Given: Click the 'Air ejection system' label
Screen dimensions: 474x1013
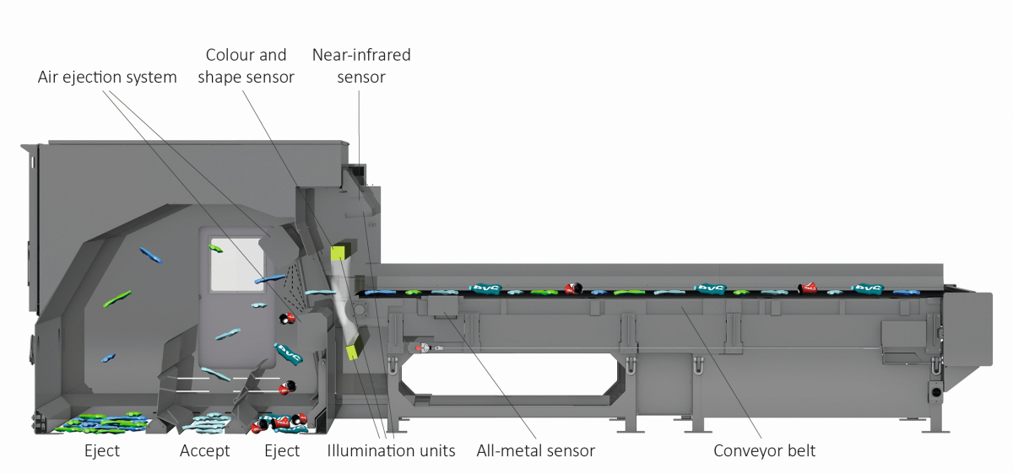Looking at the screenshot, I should click(107, 78).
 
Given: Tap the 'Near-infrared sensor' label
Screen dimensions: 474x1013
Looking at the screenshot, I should click(361, 66).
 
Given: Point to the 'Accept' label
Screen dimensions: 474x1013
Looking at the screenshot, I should click(204, 451).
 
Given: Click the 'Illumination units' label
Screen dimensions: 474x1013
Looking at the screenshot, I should click(391, 451).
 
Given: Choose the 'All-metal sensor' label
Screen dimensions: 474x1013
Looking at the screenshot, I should click(535, 451).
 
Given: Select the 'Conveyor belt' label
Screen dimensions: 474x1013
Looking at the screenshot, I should click(764, 451).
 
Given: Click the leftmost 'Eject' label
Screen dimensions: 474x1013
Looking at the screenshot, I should click(101, 451).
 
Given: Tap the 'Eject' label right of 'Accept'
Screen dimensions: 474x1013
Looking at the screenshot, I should click(282, 451).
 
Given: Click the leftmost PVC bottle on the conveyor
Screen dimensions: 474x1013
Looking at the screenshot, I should click(487, 288).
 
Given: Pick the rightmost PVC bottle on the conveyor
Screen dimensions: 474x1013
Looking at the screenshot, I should click(867, 288).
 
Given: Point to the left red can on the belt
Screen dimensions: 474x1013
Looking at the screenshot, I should click(575, 288).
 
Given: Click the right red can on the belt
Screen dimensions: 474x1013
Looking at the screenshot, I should click(809, 288).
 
